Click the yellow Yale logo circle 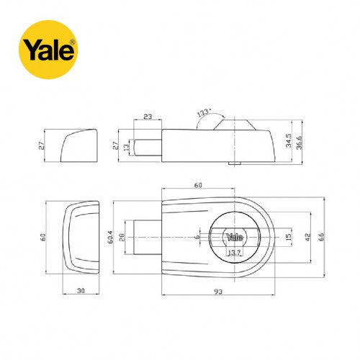[48, 50]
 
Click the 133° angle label [204, 112]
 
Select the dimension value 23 [148, 117]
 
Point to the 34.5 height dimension [289, 140]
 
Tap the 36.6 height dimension [299, 143]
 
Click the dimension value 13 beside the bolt [126, 147]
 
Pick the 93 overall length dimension [218, 292]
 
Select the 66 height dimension [321, 237]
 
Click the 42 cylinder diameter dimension [307, 237]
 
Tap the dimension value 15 [289, 237]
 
